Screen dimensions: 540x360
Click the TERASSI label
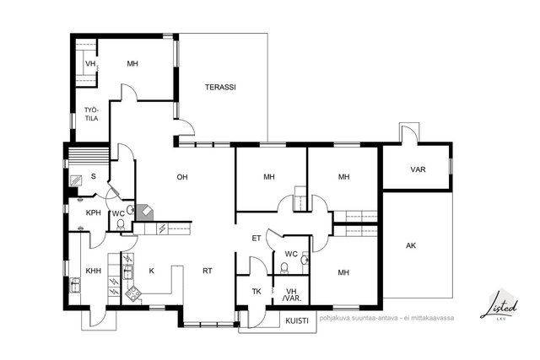point(220,87)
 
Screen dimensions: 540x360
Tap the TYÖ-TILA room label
point(92,115)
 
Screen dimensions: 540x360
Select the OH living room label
point(182,177)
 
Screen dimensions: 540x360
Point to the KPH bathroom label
point(94,212)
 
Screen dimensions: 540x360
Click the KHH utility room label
point(94,271)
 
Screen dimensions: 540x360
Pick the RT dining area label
point(208,271)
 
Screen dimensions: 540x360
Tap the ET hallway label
point(256,238)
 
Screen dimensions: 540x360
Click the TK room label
point(256,292)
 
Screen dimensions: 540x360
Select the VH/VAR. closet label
point(292,295)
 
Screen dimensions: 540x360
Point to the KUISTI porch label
point(297,320)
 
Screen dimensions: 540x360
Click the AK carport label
point(411,245)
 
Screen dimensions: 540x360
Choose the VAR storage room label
point(418,169)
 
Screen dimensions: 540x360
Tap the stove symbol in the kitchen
point(132,294)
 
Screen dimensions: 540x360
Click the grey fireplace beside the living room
point(145,213)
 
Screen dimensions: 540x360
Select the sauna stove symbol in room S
point(76,180)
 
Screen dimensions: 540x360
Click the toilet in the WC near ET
point(284,268)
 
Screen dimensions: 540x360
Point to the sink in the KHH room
point(75,285)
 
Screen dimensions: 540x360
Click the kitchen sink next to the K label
point(128,271)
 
